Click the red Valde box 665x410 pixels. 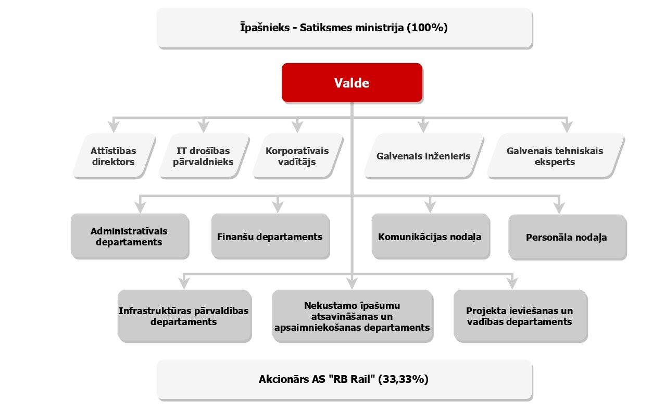pos(352,83)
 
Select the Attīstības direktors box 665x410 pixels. pos(115,156)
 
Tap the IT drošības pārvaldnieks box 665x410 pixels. pos(204,156)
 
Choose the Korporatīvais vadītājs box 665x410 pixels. pos(298,156)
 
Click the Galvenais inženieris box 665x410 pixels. pos(424,156)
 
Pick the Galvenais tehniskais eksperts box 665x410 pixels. pos(556,156)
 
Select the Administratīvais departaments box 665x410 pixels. pos(130,236)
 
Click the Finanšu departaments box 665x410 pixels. pos(270,236)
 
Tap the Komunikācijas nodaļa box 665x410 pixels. pos(431,236)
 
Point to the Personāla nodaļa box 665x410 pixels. pos(567,237)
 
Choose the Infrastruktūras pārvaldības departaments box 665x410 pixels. pos(185,316)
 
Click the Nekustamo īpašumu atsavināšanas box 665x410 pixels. pos(353,316)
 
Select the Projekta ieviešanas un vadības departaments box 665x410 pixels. pos(521,316)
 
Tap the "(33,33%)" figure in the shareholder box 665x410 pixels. pos(403,379)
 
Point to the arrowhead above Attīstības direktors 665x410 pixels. pos(114,127)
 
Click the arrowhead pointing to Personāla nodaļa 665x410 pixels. pos(559,207)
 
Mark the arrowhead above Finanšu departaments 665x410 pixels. pos(278,207)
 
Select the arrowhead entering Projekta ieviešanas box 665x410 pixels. pos(512,283)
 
